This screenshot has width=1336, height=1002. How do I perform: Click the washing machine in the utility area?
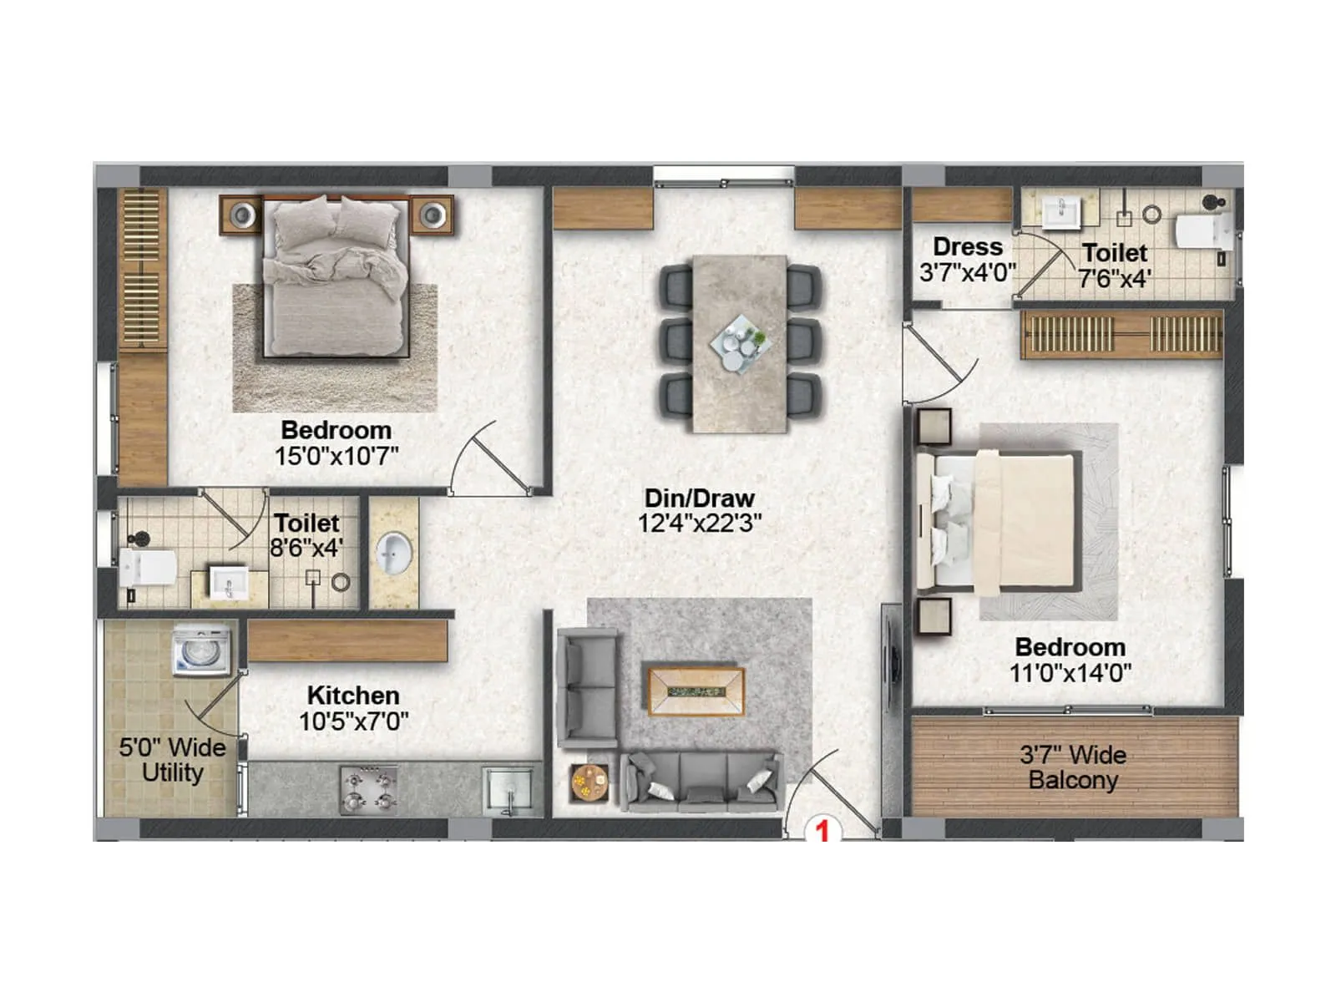[x=201, y=650]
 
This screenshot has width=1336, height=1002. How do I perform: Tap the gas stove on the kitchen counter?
[x=368, y=790]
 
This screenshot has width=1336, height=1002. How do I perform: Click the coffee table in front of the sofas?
[x=696, y=691]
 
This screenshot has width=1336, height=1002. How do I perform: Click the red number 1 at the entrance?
[x=822, y=831]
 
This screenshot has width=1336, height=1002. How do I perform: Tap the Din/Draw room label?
[x=700, y=498]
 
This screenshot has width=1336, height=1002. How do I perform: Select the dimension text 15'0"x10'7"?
[x=337, y=456]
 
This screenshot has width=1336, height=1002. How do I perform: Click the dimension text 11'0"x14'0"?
[x=1070, y=673]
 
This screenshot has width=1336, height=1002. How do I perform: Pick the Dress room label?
[x=968, y=247]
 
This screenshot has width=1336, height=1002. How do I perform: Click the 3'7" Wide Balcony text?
[x=1073, y=767]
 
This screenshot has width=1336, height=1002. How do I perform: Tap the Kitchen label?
[x=353, y=696]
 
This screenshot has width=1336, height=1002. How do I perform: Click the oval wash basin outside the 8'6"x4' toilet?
[x=393, y=553]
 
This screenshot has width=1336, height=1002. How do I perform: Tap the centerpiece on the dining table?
[x=739, y=342]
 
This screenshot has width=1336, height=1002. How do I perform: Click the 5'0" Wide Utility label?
[x=172, y=760]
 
